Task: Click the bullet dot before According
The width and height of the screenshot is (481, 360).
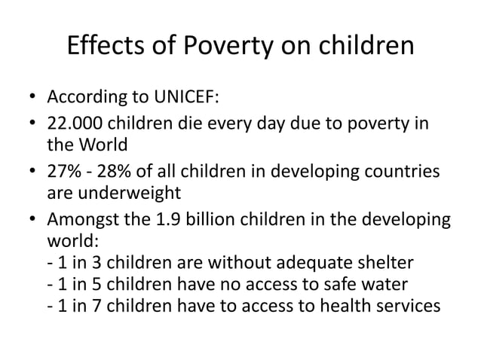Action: [x=32, y=99]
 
